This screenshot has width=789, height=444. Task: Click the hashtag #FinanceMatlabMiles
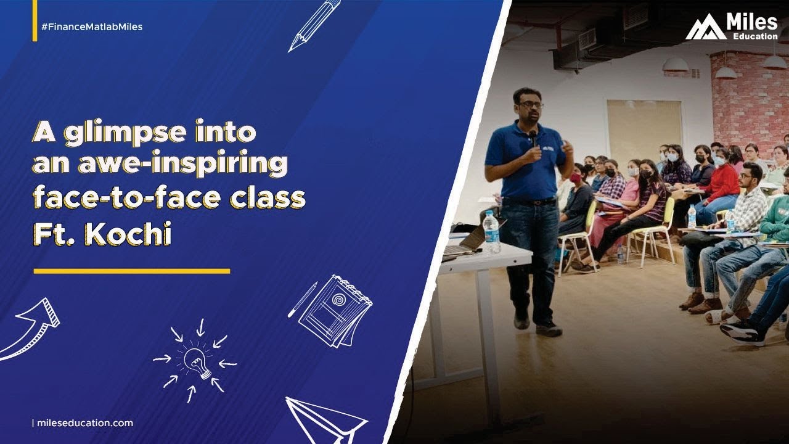coord(92,27)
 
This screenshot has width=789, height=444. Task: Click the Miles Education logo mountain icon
coord(705,28)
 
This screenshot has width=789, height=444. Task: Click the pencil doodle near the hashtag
coord(314,25)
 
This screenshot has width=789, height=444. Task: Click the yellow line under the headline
coord(131,271)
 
